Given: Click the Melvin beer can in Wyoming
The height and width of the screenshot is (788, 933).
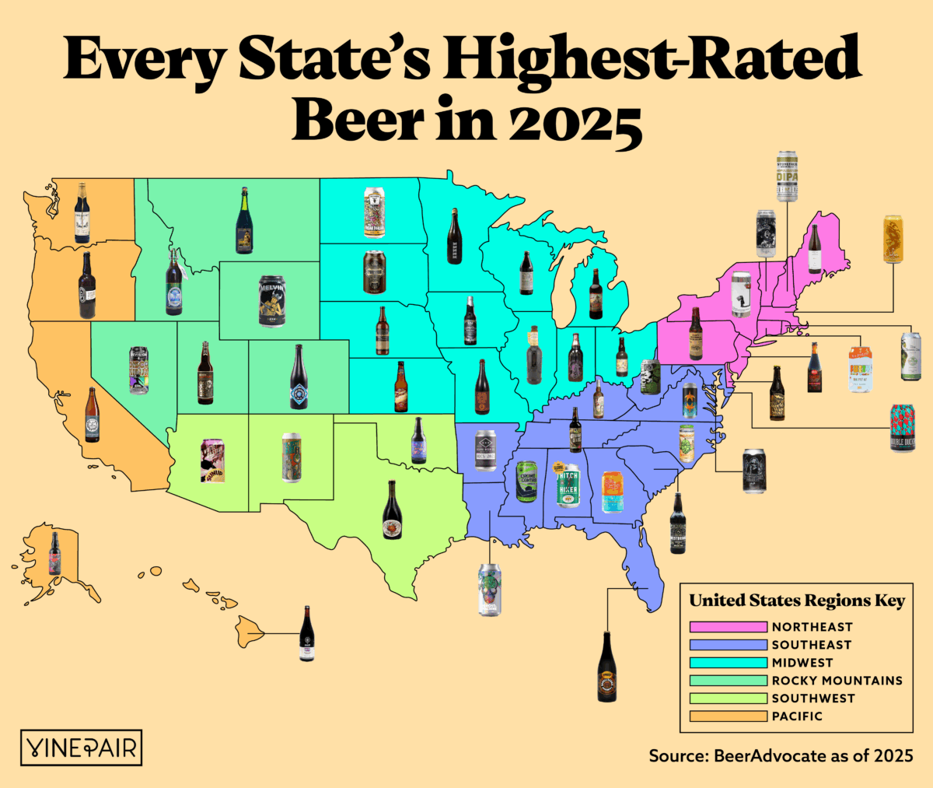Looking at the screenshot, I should coord(272,300).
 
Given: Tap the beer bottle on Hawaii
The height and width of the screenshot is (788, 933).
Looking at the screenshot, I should coord(307,634).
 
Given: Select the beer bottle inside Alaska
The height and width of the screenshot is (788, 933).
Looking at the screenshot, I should coord(54,553).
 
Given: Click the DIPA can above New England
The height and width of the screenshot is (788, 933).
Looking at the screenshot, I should coord(788,177).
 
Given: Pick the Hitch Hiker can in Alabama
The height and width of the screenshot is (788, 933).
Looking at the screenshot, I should coord(568,485).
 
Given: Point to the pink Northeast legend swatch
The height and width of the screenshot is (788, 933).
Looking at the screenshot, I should coord(728,627).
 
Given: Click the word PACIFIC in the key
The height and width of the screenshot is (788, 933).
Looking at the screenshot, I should coord(796,716).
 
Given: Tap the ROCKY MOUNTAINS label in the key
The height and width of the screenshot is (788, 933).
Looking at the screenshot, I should coord(837,680).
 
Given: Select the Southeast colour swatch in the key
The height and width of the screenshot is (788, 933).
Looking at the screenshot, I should coord(728,645).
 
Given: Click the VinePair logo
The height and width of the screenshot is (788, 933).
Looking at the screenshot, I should coord(81,748).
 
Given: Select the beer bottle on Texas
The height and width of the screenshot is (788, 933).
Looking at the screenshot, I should coord(392,510).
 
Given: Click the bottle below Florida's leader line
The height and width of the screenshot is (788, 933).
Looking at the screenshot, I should coord(607,667).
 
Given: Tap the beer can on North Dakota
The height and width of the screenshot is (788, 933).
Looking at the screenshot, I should coord(374,211).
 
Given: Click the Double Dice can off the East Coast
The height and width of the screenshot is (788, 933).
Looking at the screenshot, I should coord(902,428).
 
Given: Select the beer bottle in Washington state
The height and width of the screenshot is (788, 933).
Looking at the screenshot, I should coord(82,213).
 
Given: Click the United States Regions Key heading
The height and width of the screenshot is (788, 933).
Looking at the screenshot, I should coord(797,601).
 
